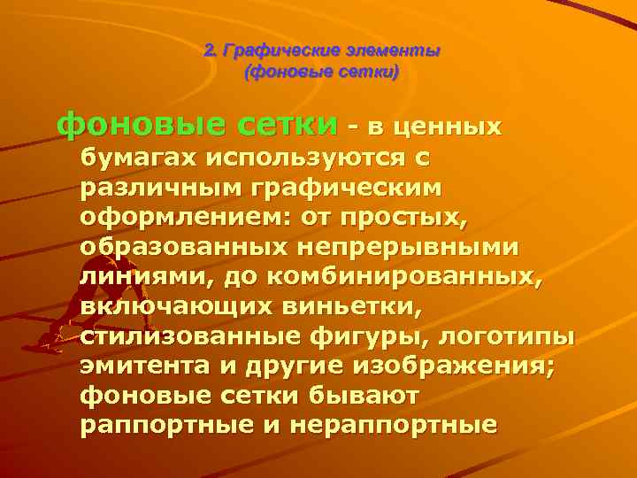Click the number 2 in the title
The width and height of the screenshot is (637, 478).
tap(209, 50)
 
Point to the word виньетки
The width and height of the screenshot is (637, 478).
tap(344, 309)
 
